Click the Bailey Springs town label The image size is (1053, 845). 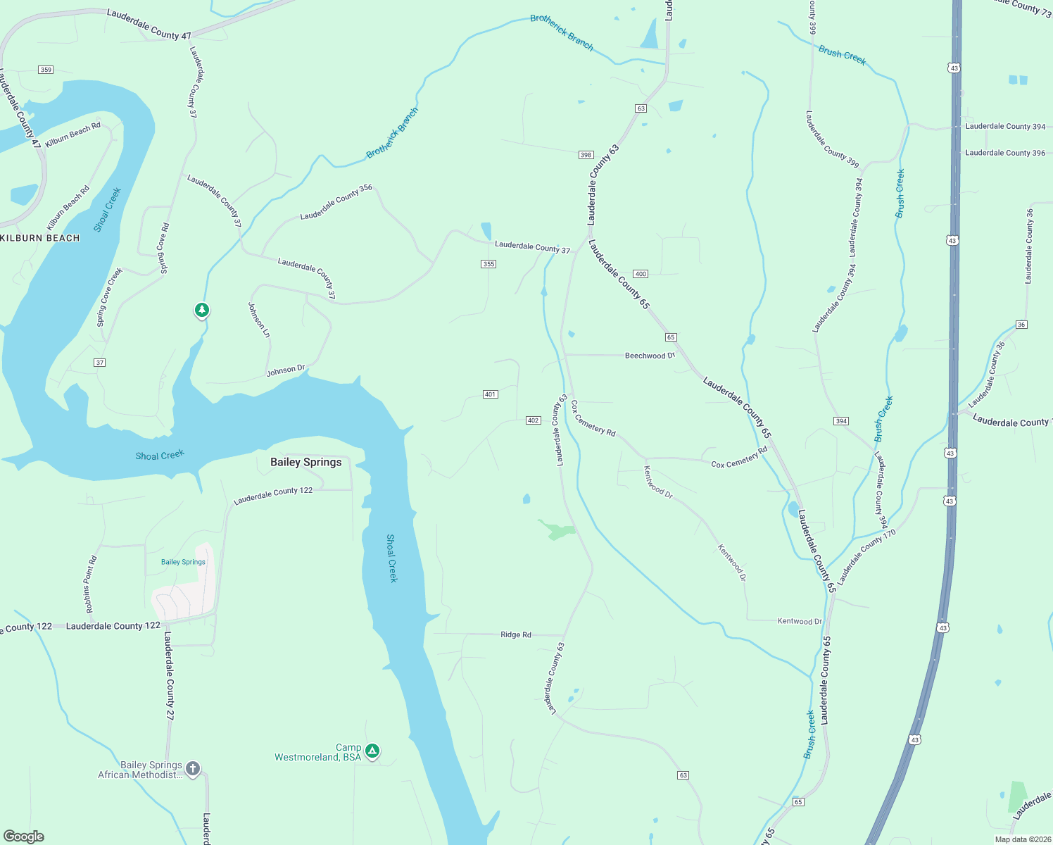(306, 462)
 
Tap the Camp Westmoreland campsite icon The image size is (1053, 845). (373, 751)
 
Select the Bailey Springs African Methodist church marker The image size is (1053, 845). (194, 768)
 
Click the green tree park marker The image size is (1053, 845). (202, 310)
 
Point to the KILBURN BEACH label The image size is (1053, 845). (40, 238)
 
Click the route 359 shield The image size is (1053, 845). (46, 70)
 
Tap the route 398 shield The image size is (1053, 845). (586, 155)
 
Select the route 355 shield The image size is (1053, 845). (488, 264)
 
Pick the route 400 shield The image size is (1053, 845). (640, 274)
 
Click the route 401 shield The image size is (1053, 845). (491, 394)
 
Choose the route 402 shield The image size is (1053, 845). (533, 420)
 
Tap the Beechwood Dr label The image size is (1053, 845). (650, 356)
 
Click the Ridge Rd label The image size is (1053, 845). (516, 634)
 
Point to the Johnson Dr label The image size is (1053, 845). (286, 370)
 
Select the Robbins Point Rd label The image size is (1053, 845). (91, 584)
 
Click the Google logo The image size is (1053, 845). (23, 837)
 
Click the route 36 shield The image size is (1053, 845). (1021, 325)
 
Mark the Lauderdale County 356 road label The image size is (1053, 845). (336, 203)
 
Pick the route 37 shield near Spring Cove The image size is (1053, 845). (99, 363)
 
